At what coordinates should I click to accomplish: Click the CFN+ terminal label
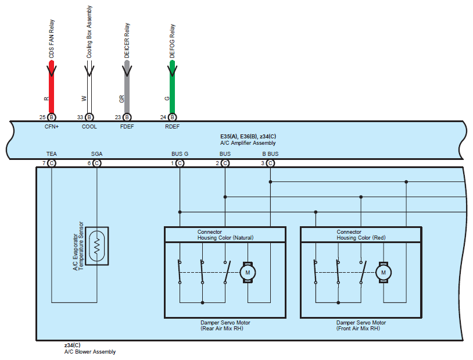pyautogui.click(x=52, y=126)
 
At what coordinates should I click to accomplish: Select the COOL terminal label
pyautogui.click(x=89, y=126)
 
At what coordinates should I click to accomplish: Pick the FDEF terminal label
pyautogui.click(x=127, y=126)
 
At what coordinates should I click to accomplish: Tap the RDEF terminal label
pyautogui.click(x=172, y=126)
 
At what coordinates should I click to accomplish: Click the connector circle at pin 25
pyautogui.click(x=52, y=117)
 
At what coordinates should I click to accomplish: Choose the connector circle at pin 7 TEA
pyautogui.click(x=52, y=163)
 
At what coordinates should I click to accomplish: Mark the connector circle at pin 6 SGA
pyautogui.click(x=97, y=163)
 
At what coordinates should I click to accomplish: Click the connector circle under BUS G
pyautogui.click(x=180, y=163)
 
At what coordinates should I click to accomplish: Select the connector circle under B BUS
pyautogui.click(x=270, y=163)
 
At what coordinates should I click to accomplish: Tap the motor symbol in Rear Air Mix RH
pyautogui.click(x=248, y=272)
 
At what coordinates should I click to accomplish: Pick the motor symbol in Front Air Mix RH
pyautogui.click(x=384, y=272)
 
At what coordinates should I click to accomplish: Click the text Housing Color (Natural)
pyautogui.click(x=225, y=238)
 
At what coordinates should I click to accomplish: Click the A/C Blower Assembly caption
pyautogui.click(x=89, y=352)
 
